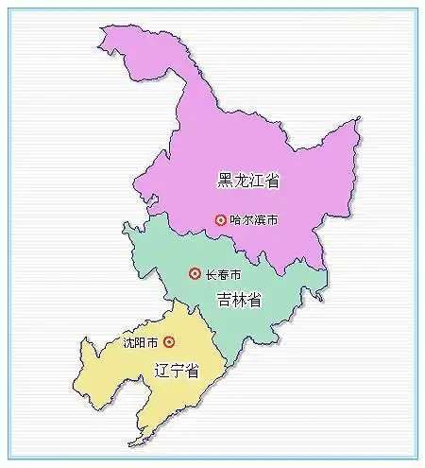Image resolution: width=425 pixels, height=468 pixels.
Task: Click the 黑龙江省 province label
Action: [249, 180]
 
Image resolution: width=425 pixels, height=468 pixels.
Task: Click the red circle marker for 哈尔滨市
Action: [221, 219]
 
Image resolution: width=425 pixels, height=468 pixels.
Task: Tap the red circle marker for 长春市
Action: [195, 274]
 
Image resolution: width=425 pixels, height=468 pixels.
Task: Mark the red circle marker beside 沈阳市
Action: [169, 342]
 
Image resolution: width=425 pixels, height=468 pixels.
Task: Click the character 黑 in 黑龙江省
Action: [226, 180]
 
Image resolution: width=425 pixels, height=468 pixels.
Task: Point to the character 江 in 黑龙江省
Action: [257, 180]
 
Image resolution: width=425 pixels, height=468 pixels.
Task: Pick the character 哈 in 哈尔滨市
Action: [236, 219]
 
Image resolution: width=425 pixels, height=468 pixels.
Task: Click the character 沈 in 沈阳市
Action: [129, 342]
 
